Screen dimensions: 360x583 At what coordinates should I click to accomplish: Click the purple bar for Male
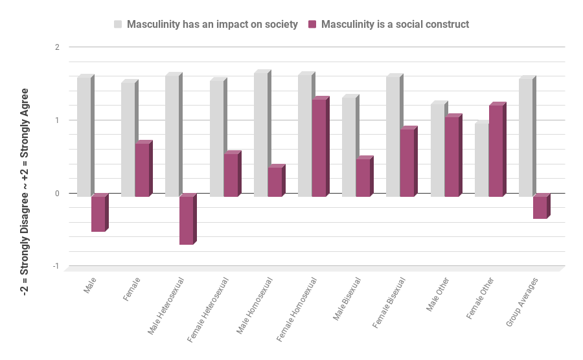coord(98,214)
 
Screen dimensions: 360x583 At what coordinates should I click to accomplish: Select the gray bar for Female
coord(128,139)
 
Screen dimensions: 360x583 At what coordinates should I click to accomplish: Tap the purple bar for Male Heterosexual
coord(186,220)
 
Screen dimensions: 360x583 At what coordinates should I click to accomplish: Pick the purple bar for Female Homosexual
coord(318,148)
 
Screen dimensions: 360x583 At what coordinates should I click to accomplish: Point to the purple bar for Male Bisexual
coord(363,177)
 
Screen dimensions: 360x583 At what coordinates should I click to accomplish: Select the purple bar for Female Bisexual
coord(407,163)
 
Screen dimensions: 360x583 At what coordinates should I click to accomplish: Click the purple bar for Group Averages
coord(540,207)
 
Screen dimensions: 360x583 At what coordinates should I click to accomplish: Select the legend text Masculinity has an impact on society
coord(212,25)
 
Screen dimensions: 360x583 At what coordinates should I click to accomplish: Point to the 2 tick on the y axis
coord(57,47)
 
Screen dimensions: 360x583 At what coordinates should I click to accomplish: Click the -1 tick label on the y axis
coord(56,266)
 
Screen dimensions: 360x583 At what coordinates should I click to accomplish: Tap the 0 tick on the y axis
coord(57,193)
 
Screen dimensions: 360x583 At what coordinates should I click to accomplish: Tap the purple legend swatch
coord(312,25)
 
